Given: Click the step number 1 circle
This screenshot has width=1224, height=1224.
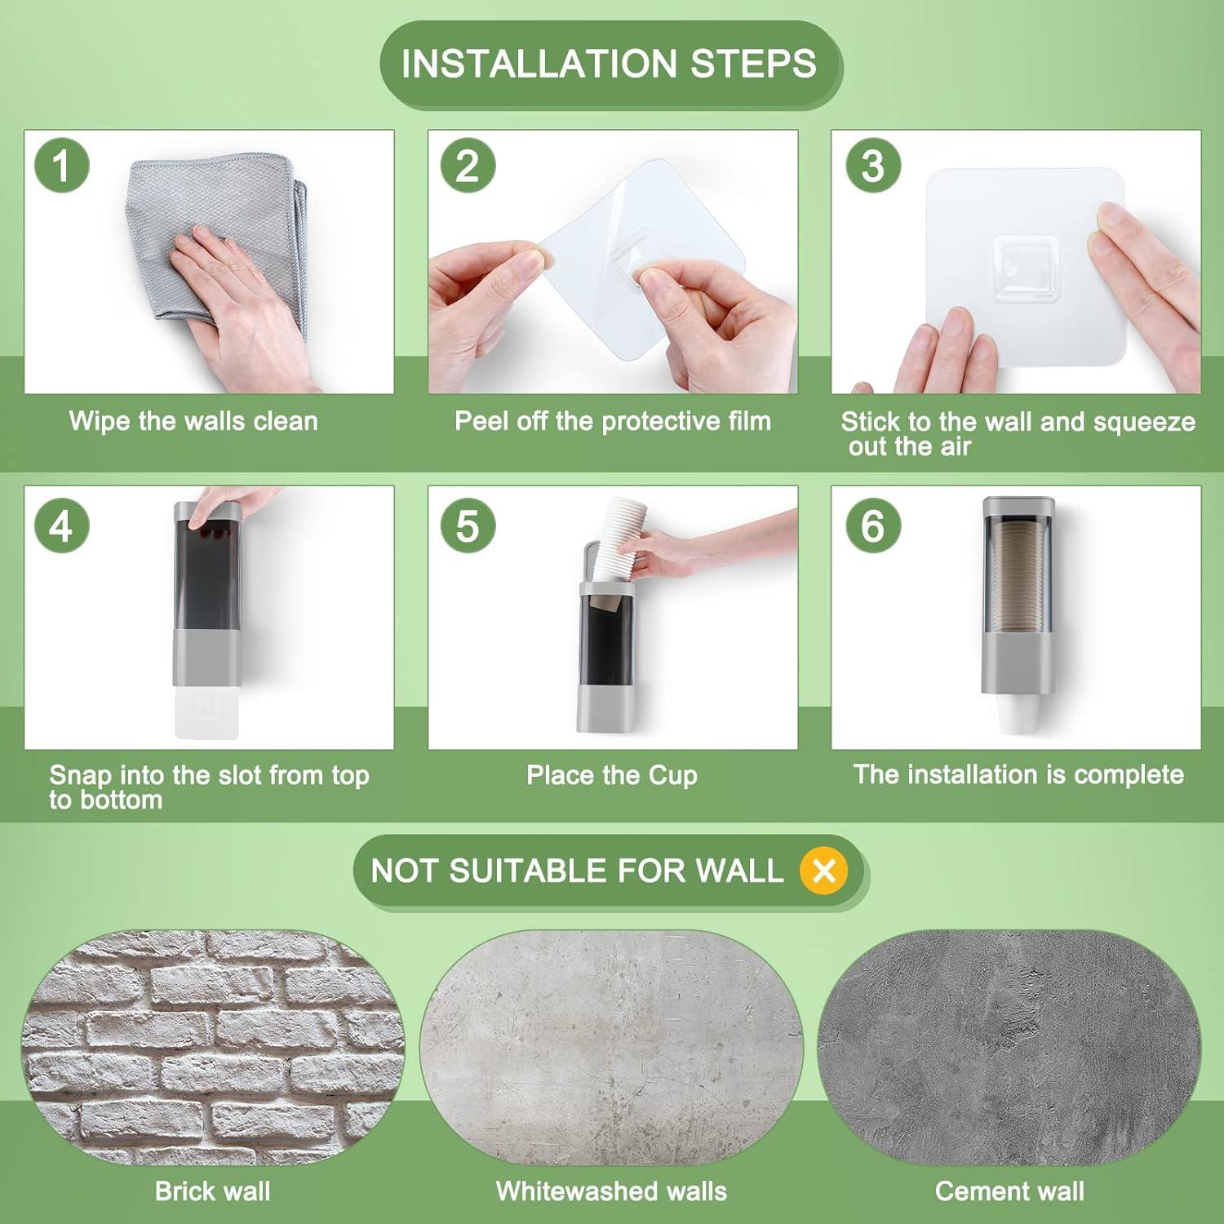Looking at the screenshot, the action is [x=61, y=166].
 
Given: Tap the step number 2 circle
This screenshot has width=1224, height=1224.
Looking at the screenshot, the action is [x=468, y=166].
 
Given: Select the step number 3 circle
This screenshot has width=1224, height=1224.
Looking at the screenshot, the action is [x=873, y=166].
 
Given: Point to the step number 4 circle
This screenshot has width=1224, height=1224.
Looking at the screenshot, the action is [x=61, y=526].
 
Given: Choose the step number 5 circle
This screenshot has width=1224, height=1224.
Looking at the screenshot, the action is [x=468, y=526].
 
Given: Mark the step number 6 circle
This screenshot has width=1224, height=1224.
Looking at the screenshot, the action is [x=873, y=526].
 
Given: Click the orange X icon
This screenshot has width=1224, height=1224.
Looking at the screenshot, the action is [x=824, y=871].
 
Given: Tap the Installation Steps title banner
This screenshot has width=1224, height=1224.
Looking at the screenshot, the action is [x=610, y=64].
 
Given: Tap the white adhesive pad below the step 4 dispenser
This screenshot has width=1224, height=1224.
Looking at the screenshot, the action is [x=206, y=713].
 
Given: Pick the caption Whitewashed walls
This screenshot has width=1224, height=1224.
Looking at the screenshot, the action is [x=611, y=1191].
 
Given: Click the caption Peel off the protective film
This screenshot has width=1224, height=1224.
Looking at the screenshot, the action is [x=613, y=421].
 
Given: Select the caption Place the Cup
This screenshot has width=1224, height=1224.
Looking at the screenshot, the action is [x=612, y=774].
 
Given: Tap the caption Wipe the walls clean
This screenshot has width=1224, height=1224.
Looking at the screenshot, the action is [x=193, y=421].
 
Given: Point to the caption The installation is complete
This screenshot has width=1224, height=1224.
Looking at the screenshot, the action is [x=1018, y=774].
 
